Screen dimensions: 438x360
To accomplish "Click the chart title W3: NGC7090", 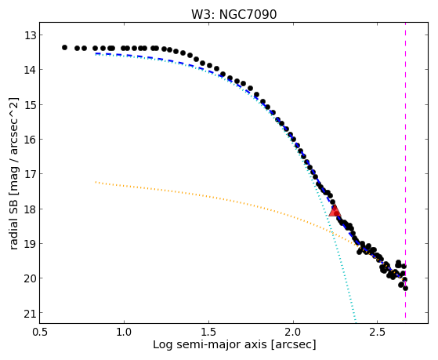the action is click(x=233, y=14).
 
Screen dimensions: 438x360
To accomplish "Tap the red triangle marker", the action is click(x=335, y=210).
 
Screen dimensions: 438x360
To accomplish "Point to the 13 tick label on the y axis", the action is click(x=30, y=35).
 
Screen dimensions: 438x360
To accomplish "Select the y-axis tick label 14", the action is click(x=30, y=70).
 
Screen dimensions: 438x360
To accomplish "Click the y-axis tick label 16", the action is click(x=30, y=140).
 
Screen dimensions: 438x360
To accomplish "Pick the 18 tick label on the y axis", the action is click(x=30, y=209).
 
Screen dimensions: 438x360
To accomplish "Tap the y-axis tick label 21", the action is click(x=30, y=313).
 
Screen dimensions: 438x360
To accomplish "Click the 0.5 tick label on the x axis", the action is click(x=40, y=332).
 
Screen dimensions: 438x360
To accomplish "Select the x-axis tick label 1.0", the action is click(x=124, y=332).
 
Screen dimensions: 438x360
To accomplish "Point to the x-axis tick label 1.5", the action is click(x=208, y=332).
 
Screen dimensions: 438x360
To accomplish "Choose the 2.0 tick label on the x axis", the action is click(x=293, y=332).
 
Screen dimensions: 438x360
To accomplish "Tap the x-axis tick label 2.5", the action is click(x=378, y=332).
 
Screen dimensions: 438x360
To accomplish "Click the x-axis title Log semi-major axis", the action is click(x=210, y=344).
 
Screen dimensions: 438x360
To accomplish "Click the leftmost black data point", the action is click(x=64, y=48).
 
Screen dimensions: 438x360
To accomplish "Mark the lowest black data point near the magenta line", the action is click(x=405, y=288).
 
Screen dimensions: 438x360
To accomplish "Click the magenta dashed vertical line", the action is click(x=405, y=170).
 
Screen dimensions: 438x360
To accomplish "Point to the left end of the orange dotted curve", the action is click(x=96, y=182).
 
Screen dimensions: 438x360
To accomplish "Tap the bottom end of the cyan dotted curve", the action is click(x=356, y=322).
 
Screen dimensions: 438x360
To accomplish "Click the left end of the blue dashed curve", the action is click(x=96, y=53).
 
